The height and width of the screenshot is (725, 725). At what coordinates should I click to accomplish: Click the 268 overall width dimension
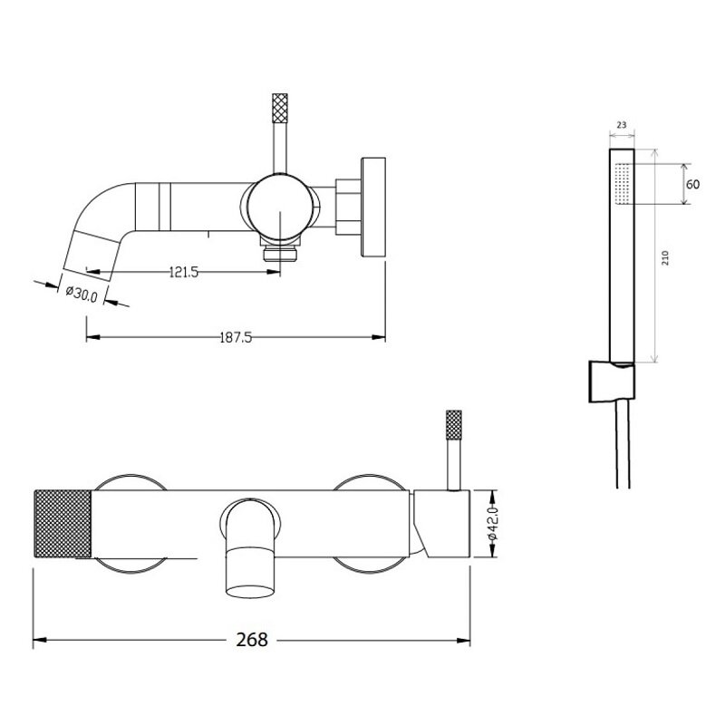[x=252, y=640]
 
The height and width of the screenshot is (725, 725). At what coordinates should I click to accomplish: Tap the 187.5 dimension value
[x=236, y=337]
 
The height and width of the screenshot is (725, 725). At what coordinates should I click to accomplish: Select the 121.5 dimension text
[x=184, y=272]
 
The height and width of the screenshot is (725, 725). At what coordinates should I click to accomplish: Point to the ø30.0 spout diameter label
[x=82, y=294]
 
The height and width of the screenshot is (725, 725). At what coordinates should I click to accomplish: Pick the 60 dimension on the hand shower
[x=692, y=184]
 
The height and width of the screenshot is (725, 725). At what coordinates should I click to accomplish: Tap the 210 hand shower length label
[x=665, y=257]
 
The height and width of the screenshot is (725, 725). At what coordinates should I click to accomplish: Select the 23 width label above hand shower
[x=622, y=125]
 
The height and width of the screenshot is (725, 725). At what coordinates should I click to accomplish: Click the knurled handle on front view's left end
[x=63, y=524]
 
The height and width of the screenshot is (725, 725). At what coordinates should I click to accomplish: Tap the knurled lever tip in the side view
[x=280, y=108]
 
